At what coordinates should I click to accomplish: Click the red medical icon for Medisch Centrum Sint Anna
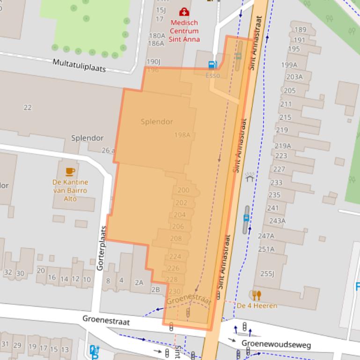pyautogui.click(x=184, y=11)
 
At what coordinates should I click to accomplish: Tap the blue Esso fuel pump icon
pyautogui.click(x=213, y=65)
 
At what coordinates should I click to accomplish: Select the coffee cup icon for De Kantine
pyautogui.click(x=70, y=172)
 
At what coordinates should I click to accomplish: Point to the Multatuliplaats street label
pyautogui.click(x=79, y=65)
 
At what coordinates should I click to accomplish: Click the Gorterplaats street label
pyautogui.click(x=102, y=249)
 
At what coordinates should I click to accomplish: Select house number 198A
pyautogui.click(x=182, y=135)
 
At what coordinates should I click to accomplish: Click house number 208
pyautogui.click(x=176, y=238)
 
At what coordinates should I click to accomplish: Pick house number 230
pyautogui.click(x=174, y=291)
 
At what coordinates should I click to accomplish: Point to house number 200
pyautogui.click(x=184, y=190)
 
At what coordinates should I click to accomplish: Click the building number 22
pyautogui.click(x=28, y=108)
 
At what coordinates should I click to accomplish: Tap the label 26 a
pyautogui.click(x=108, y=150)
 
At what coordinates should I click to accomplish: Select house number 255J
pyautogui.click(x=267, y=274)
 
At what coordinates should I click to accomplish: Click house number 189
pyautogui.click(x=300, y=30)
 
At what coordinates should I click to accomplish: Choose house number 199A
pyautogui.click(x=289, y=65)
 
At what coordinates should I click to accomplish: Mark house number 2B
pyautogui.click(x=155, y=289)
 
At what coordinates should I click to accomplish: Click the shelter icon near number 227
pyautogui.click(x=250, y=177)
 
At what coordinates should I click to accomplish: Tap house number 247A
pyautogui.click(x=266, y=236)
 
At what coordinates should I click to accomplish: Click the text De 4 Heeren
pyautogui.click(x=257, y=306)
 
